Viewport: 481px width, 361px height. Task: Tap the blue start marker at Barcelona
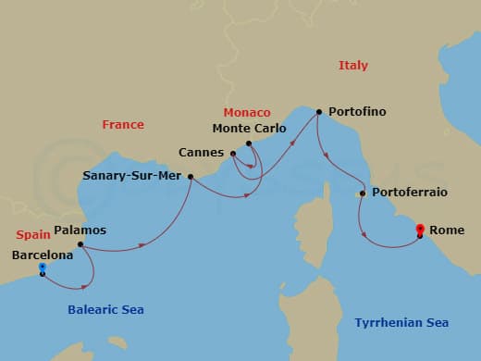[43, 268]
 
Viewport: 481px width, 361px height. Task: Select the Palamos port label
[80, 230]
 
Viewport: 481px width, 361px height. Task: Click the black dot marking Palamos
[80, 245]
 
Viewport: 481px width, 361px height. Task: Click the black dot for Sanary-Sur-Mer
[191, 176]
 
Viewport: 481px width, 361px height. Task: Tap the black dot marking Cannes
[233, 154]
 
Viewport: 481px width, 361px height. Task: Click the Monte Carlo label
[246, 129]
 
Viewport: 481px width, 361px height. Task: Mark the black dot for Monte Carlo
[249, 143]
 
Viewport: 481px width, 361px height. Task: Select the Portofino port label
[355, 112]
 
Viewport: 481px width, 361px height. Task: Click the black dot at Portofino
[318, 112]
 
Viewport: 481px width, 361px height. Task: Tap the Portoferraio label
[409, 193]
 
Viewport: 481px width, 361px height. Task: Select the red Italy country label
[353, 66]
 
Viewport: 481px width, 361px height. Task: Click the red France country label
[122, 124]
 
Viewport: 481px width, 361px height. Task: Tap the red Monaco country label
[246, 112]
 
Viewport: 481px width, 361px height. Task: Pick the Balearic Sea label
[107, 309]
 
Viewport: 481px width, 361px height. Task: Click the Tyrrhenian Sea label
[402, 322]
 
